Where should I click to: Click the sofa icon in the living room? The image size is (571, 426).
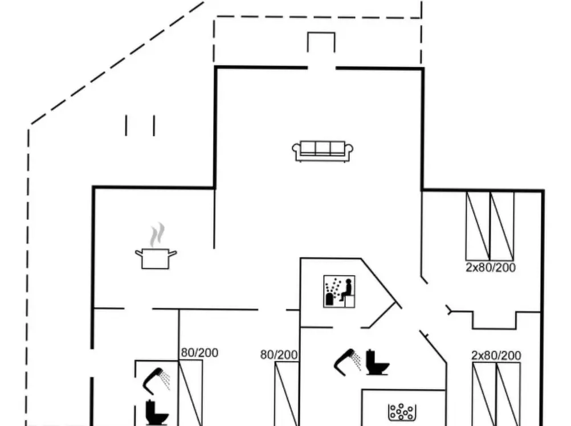tap(323, 151)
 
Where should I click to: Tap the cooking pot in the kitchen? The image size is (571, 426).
tap(156, 259)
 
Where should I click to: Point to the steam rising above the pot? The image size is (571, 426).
tap(157, 235)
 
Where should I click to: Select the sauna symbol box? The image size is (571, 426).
tap(339, 292)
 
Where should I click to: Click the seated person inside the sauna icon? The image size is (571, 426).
tap(346, 289)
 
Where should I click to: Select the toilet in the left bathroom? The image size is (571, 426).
tap(157, 412)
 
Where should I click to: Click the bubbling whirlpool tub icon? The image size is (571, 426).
tap(402, 412)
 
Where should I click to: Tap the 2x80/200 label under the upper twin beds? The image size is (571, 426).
tap(491, 267)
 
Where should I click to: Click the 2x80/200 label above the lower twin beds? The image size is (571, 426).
tap(496, 355)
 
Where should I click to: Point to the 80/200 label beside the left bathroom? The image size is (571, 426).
tap(199, 353)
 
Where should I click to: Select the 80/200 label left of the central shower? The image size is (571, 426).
tap(279, 355)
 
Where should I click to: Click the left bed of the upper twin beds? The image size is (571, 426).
tap(478, 226)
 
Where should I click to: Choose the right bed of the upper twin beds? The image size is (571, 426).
tap(502, 226)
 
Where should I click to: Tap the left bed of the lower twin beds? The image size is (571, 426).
tap(484, 394)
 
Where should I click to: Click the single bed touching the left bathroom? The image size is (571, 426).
tap(190, 393)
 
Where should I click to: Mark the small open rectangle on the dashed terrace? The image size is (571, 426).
tap(321, 42)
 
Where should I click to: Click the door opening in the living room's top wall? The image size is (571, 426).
tap(321, 68)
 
